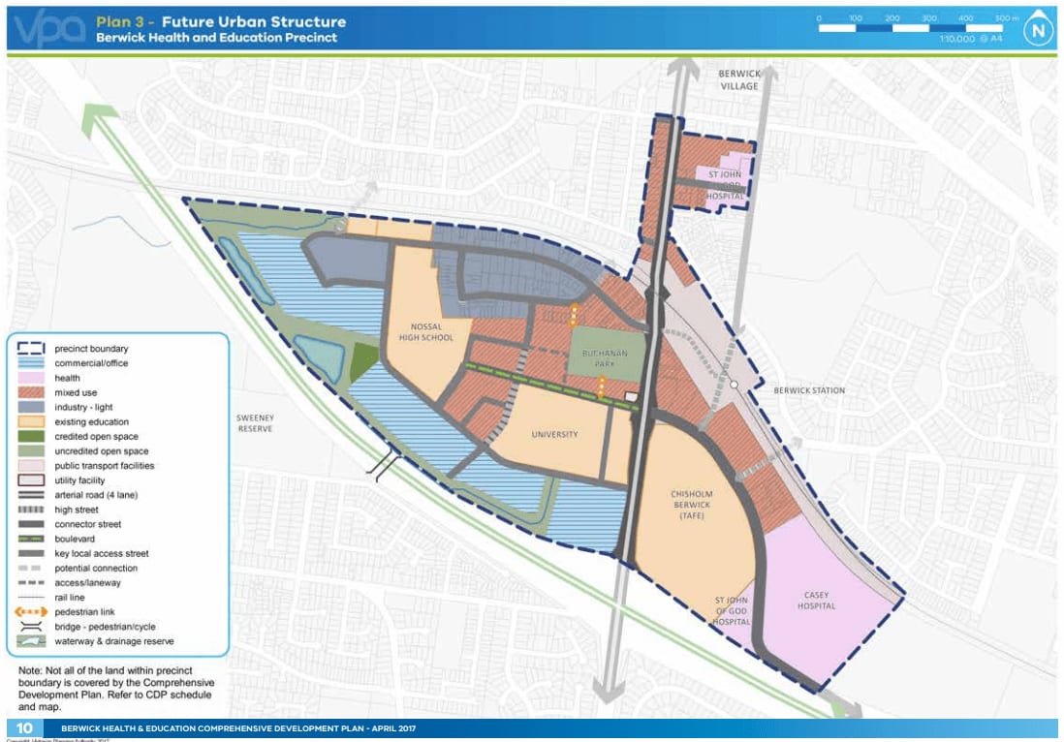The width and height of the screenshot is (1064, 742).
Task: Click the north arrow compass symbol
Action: coord(1038,28)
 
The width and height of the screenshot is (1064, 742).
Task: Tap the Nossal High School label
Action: coord(425,331)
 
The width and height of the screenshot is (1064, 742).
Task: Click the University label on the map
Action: coord(554,434)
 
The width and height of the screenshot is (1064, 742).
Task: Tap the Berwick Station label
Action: coord(809,390)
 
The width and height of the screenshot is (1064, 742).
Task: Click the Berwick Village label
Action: coord(739,79)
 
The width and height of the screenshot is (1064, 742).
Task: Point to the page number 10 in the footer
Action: coord(23,728)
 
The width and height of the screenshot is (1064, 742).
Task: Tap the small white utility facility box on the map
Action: coord(632,396)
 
